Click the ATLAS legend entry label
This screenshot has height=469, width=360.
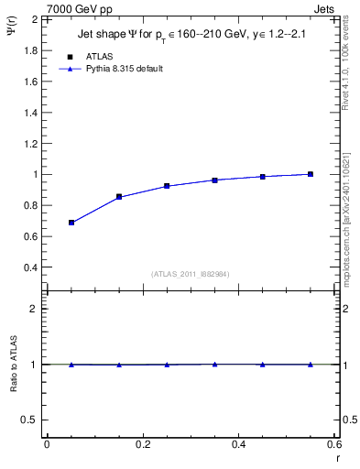pyautogui.click(x=99, y=56)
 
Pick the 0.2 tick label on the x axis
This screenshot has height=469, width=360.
pyautogui.click(x=142, y=445)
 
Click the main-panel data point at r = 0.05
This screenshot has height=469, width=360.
pyautogui.click(x=71, y=223)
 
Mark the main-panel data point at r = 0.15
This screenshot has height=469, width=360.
pyautogui.click(x=119, y=197)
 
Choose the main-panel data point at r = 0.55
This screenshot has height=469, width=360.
pyautogui.click(x=311, y=174)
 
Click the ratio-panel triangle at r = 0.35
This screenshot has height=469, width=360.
pyautogui.click(x=214, y=364)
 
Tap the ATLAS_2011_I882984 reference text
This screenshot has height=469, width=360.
pyautogui.click(x=191, y=274)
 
